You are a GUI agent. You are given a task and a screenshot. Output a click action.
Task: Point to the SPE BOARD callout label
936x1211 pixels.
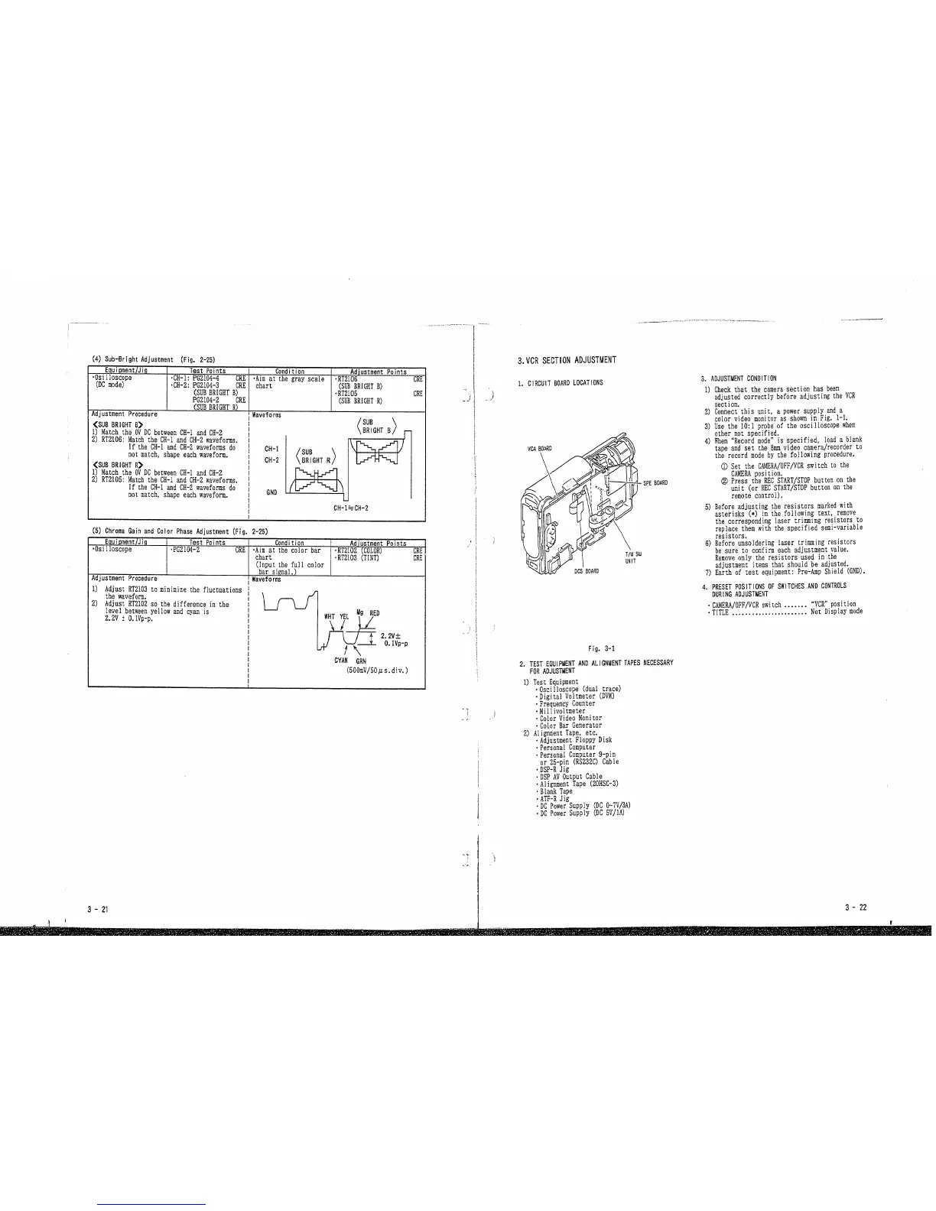click(x=655, y=482)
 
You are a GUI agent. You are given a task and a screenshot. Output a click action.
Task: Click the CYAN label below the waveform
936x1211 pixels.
click(x=342, y=661)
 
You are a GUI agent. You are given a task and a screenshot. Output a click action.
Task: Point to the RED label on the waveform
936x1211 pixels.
click(x=375, y=613)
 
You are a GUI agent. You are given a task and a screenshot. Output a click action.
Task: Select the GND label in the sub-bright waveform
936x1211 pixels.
click(x=271, y=492)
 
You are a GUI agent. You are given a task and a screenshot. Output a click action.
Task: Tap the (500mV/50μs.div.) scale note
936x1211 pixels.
click(x=375, y=670)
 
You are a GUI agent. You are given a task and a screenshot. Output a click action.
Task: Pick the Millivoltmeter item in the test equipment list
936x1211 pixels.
click(x=562, y=711)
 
